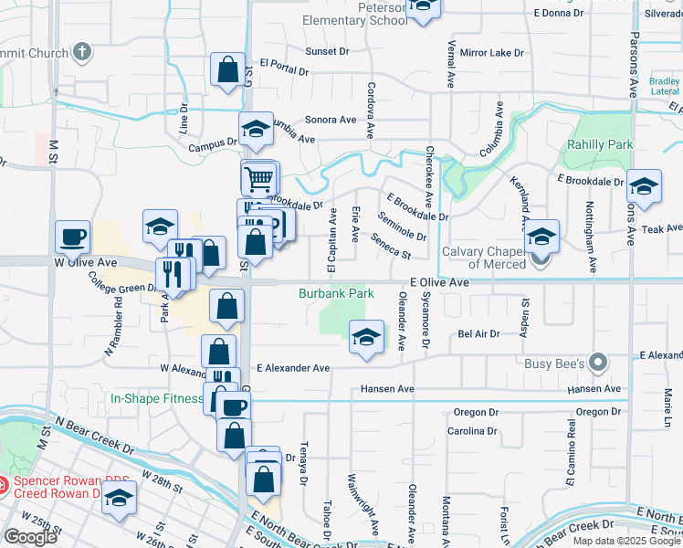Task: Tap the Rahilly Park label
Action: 599,145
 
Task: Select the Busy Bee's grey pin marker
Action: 598,364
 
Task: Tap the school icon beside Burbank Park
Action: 366,337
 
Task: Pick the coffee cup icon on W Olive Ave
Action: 73,238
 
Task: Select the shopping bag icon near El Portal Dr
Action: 227,69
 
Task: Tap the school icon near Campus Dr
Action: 257,130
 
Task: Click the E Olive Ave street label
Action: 439,284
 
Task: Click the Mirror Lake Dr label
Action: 492,53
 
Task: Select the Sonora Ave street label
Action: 331,120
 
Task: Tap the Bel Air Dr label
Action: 478,334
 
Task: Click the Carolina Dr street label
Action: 472,430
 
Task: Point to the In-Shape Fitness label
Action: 156,398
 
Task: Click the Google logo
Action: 30,537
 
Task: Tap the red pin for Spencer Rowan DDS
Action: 4,483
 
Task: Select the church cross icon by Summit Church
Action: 82,51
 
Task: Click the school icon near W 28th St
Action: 119,499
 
